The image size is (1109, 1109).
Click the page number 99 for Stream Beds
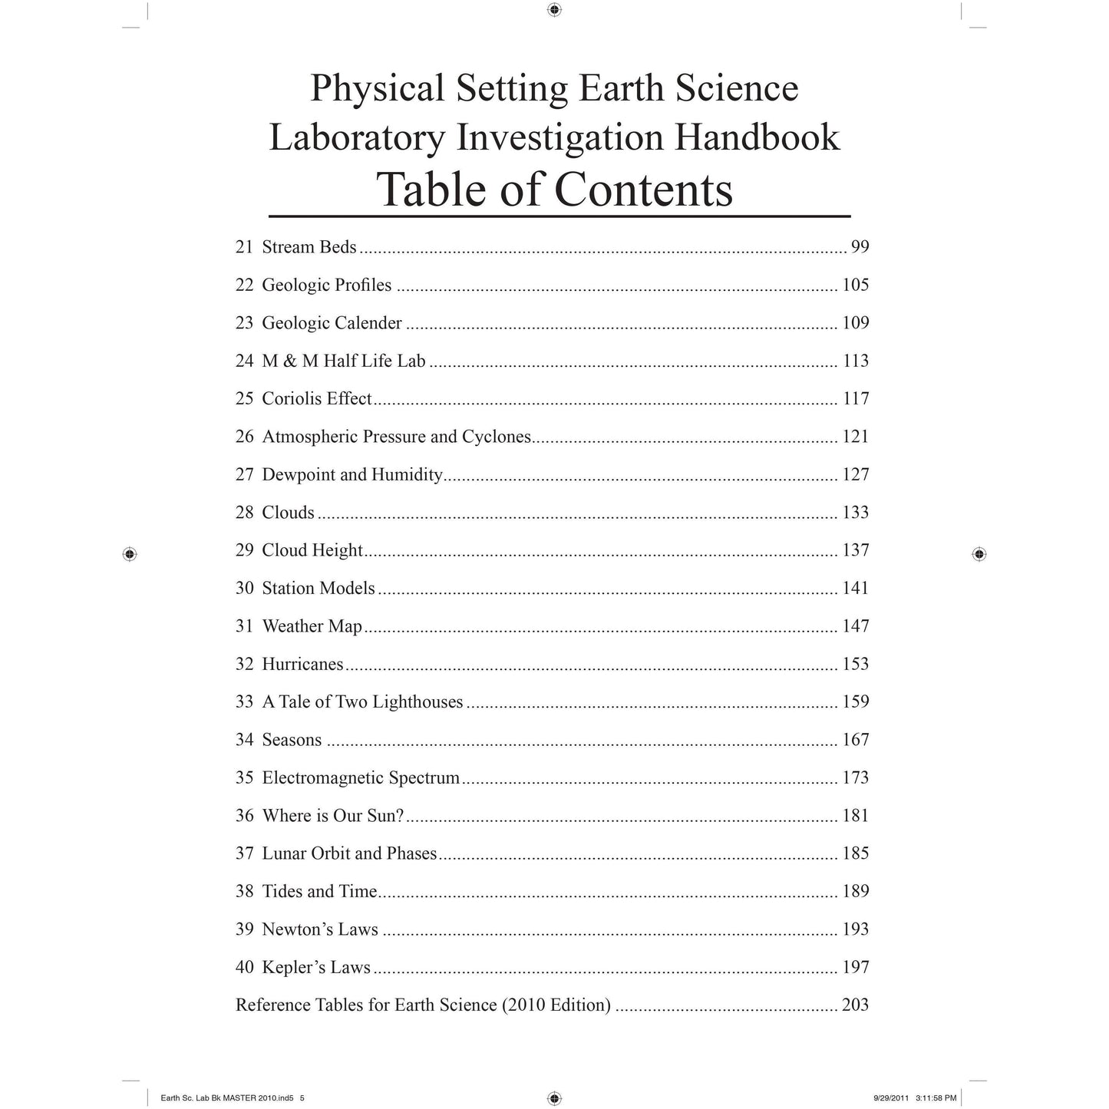pos(860,247)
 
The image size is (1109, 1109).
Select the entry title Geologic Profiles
pos(326,286)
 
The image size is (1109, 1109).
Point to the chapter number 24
pos(244,361)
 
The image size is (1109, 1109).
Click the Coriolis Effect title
pos(316,399)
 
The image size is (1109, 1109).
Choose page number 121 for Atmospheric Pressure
pos(855,437)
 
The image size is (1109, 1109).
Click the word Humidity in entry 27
pos(407,475)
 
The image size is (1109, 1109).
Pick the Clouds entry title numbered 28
pos(288,513)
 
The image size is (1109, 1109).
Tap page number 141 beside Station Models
pos(855,589)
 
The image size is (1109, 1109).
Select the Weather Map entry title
pos(312,626)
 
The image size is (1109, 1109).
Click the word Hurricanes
pos(302,665)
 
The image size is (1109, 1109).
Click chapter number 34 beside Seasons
pos(244,740)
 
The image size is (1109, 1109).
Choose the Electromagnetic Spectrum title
pos(361,778)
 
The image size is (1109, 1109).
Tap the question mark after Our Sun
pos(400,816)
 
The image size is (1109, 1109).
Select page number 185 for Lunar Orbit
pos(855,853)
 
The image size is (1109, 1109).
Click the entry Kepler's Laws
pos(316,968)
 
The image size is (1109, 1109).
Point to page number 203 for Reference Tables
pos(855,1005)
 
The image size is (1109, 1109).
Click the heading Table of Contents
pos(554,189)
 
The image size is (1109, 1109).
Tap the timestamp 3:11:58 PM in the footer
pos(936,1098)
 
